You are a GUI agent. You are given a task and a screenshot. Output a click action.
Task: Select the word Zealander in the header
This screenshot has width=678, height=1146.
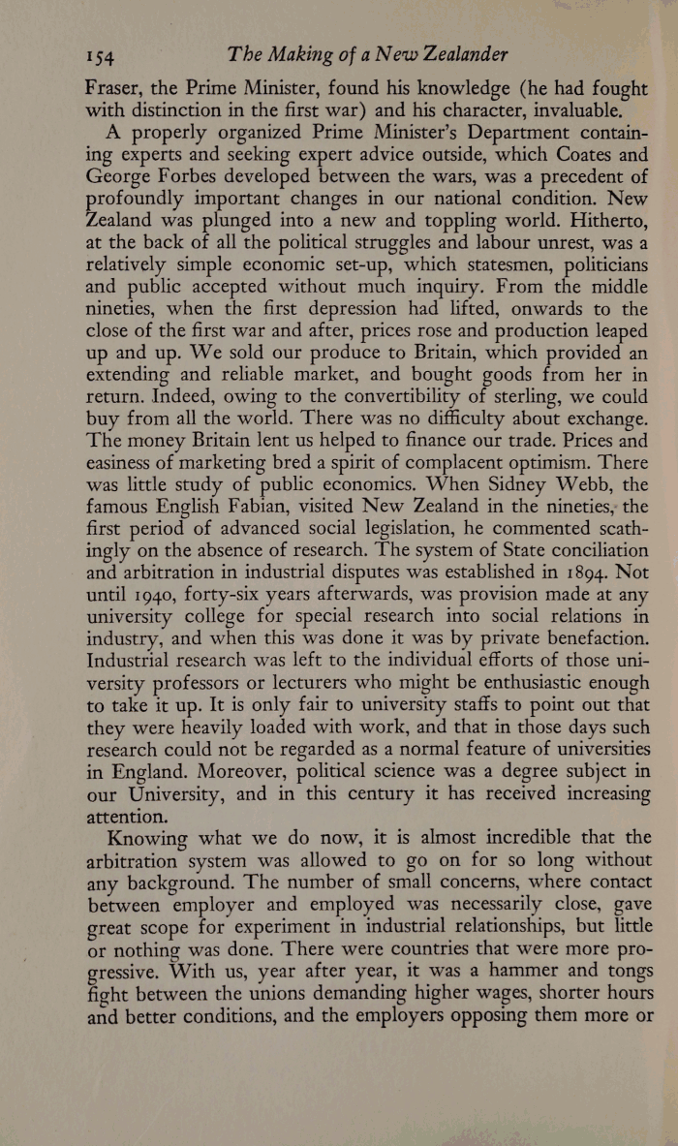[x=459, y=53]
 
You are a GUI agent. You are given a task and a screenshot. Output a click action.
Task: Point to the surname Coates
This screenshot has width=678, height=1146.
[x=574, y=154]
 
